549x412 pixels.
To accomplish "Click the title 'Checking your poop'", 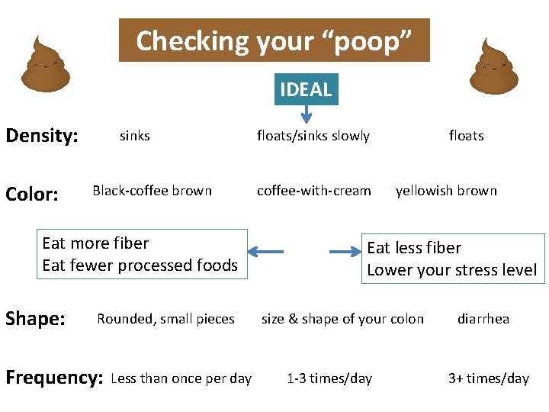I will [274, 40].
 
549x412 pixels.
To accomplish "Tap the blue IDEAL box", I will [306, 89].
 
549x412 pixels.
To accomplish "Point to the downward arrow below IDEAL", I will [306, 114].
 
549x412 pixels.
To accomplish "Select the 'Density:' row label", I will [42, 137].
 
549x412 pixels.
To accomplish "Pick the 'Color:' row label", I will [32, 195].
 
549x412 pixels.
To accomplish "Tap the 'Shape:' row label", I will [35, 319].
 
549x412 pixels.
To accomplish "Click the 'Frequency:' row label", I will [54, 378].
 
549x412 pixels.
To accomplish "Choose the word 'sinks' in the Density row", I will [135, 136].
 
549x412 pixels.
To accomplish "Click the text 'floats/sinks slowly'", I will [313, 136].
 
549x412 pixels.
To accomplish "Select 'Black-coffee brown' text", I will [152, 191].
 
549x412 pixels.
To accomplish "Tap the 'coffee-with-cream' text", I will [314, 191].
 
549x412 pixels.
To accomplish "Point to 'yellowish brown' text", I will [446, 191].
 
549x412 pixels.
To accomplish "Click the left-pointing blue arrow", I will [266, 251].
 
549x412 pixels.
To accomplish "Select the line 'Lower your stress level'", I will [452, 270].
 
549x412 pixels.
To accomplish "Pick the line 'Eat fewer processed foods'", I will [140, 266].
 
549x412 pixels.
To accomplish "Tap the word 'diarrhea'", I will [483, 319].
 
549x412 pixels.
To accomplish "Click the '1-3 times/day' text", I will [329, 378].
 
